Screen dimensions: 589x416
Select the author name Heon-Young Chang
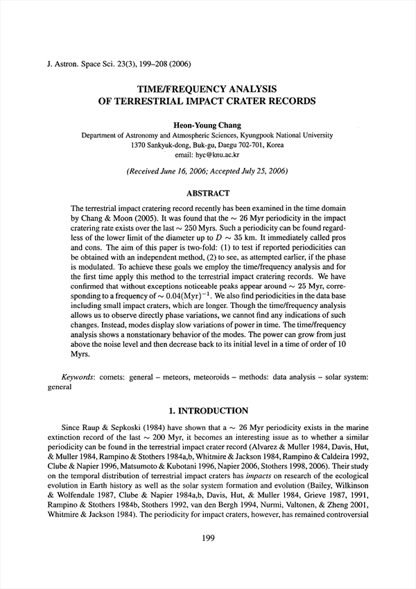[207, 124]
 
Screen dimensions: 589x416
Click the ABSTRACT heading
[207, 194]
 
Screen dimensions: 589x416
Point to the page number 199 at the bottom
[208, 556]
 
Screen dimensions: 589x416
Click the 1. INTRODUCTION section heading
[207, 411]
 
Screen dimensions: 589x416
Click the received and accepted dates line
[207, 171]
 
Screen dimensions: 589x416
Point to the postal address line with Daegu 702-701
[207, 146]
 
